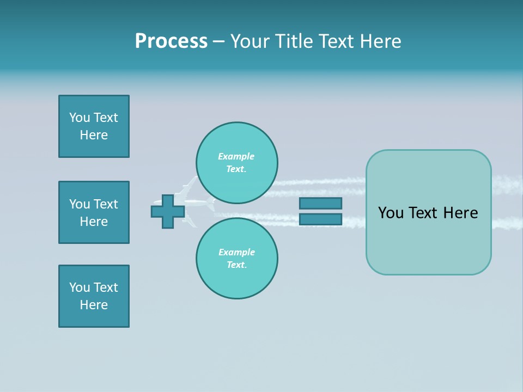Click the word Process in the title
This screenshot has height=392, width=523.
pos(171,41)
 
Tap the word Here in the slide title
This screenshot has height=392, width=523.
pos(379,41)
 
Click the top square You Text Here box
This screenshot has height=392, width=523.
pos(94,126)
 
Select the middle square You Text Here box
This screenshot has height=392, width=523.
pos(94,212)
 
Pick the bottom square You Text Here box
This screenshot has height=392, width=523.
pos(94,296)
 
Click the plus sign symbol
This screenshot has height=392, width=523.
pos(168,211)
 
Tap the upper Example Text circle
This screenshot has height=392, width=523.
pos(237,163)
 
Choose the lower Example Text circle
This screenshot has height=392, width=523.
pos(237,259)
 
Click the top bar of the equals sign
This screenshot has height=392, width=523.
pos(320,203)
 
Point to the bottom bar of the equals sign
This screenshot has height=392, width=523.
pos(320,219)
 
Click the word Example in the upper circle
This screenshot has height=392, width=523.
pos(236,156)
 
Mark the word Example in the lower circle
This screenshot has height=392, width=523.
pos(236,252)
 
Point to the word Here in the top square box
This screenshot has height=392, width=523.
pos(94,135)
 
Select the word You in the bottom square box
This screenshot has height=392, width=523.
pos(80,287)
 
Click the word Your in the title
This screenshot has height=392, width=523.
pos(251,41)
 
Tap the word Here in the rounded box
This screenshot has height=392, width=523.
pos(461,213)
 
